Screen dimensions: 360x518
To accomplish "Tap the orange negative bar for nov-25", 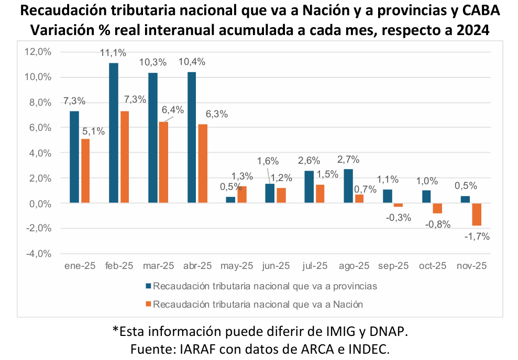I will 476,215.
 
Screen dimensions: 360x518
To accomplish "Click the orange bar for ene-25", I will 85,171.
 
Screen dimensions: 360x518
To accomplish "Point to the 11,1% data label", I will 114,52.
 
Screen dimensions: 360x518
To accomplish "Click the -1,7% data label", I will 477,237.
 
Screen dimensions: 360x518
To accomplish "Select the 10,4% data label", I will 192,62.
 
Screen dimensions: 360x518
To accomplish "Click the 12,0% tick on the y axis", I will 38,52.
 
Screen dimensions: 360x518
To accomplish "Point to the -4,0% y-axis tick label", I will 38,254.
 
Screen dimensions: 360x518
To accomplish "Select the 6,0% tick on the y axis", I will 40,128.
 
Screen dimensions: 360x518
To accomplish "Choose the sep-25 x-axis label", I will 393,266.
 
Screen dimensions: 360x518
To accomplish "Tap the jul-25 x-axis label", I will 315,266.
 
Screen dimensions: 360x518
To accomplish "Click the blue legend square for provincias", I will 148,286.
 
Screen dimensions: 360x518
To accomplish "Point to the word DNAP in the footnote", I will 384,331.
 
